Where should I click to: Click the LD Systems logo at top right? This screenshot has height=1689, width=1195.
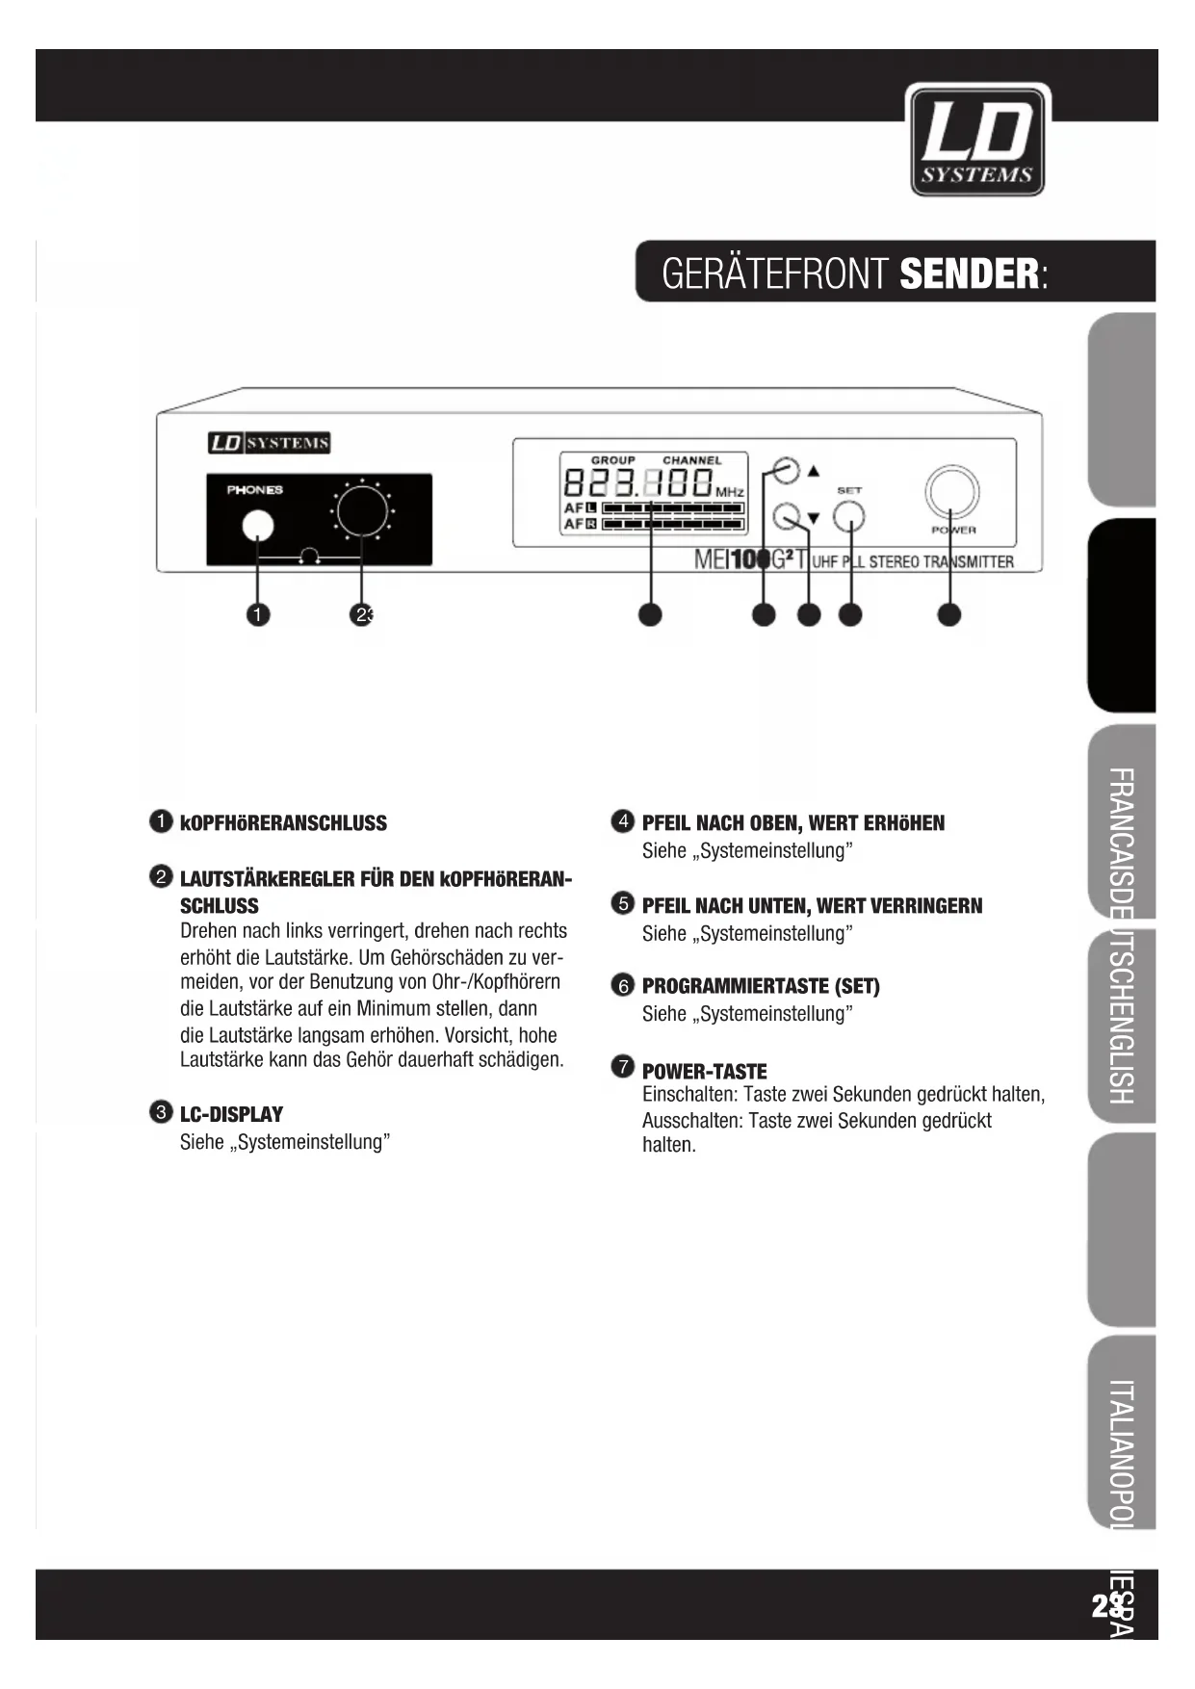pos(976,141)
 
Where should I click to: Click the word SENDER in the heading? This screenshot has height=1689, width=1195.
pos(969,274)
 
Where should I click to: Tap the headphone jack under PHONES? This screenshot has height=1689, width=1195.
pos(257,526)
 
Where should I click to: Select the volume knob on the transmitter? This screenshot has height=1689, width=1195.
pos(361,510)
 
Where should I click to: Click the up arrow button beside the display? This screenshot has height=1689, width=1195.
pos(787,470)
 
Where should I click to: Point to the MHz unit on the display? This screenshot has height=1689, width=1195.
pos(730,493)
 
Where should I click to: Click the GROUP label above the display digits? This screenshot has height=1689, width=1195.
pos(612,460)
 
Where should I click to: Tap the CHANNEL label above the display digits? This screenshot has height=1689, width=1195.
pos(691,460)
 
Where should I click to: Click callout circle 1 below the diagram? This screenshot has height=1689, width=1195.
pos(257,614)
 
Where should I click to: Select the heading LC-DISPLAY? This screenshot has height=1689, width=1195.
pos(231,1114)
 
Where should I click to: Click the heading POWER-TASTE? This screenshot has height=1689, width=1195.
pos(704,1071)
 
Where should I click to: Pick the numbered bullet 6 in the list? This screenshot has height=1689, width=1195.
pos(623,985)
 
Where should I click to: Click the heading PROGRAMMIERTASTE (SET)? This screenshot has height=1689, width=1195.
pos(761,986)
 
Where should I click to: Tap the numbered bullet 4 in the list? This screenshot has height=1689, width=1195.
pos(623,821)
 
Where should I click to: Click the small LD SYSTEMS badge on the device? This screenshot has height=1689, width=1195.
pos(270,443)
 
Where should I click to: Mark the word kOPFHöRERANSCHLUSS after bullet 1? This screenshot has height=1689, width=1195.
pos(283,823)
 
